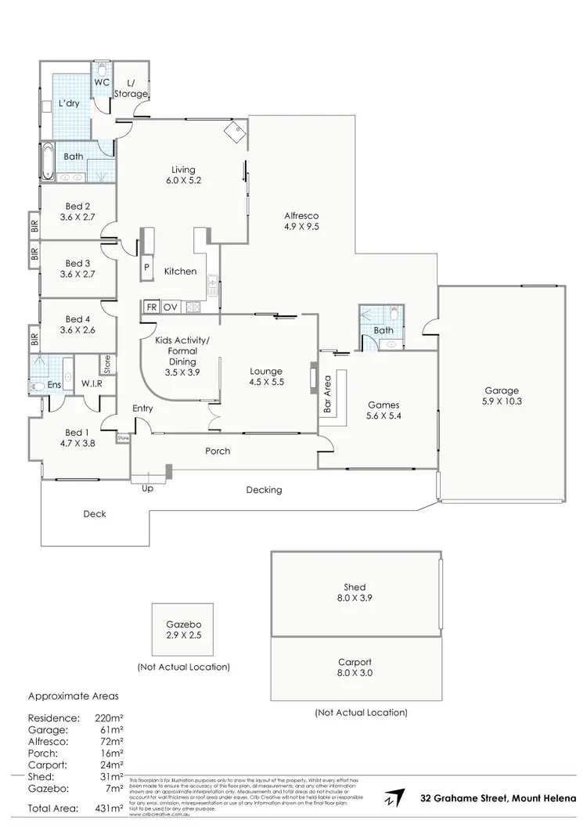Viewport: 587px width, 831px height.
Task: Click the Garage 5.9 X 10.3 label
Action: [x=501, y=397]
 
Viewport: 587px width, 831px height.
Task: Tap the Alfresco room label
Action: [x=301, y=221]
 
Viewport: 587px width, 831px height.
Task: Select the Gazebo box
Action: [x=184, y=629]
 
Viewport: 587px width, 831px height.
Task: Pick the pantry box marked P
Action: [x=146, y=267]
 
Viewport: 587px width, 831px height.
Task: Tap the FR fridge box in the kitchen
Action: [x=150, y=307]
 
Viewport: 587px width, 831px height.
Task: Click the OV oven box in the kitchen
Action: [x=171, y=307]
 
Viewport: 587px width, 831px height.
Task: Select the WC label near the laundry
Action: [x=102, y=81]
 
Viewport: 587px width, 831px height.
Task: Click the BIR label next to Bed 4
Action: [x=34, y=340]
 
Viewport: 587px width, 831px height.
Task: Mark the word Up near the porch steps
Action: [x=147, y=489]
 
